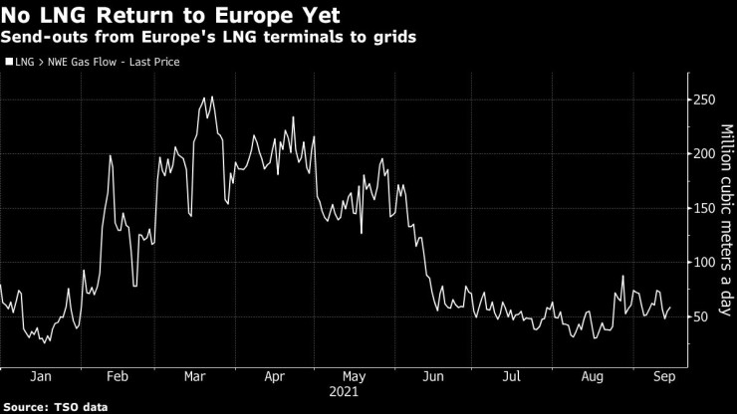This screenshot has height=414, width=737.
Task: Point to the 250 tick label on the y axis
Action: click(x=705, y=100)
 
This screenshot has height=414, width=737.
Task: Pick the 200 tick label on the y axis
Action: click(x=705, y=153)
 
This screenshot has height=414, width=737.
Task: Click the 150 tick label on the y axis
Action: click(x=705, y=208)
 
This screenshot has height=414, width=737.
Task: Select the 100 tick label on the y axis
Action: click(x=705, y=262)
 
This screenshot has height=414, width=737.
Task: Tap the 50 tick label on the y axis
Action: click(x=702, y=316)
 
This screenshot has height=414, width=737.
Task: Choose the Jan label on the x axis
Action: click(x=40, y=377)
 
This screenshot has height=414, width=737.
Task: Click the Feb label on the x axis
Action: click(x=117, y=377)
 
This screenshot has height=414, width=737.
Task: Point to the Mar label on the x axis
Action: click(x=194, y=377)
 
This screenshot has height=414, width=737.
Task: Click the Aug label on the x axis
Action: click(x=591, y=377)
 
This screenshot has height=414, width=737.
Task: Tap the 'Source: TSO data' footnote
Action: click(x=56, y=406)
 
